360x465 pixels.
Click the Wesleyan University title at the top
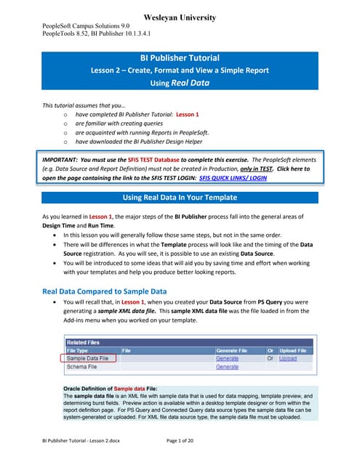click(x=180, y=16)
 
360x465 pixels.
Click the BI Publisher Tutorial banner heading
click(x=179, y=57)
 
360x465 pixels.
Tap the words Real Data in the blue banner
click(x=190, y=84)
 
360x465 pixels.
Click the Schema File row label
click(x=83, y=367)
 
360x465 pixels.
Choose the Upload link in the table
click(x=287, y=358)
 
